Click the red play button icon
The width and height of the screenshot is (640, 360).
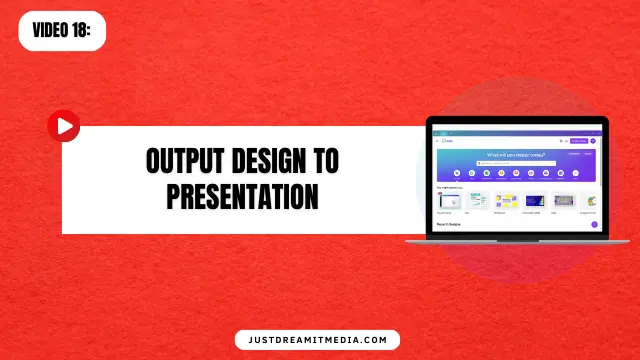click(64, 126)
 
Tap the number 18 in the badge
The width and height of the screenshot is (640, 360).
click(83, 30)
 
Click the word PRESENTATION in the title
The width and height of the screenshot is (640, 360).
click(242, 195)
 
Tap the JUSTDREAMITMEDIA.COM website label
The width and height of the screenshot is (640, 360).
click(317, 340)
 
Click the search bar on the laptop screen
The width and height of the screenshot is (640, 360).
click(516, 163)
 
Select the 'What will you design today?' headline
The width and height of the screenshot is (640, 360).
click(516, 155)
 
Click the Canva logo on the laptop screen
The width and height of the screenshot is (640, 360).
click(447, 141)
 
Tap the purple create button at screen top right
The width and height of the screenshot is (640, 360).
click(578, 141)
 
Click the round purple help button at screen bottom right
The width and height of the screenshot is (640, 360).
click(594, 225)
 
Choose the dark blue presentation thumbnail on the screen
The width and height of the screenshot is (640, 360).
click(535, 200)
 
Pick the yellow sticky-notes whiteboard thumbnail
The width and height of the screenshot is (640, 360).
click(506, 200)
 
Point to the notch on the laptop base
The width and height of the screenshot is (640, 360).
click(517, 240)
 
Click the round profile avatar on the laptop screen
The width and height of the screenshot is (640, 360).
click(594, 141)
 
